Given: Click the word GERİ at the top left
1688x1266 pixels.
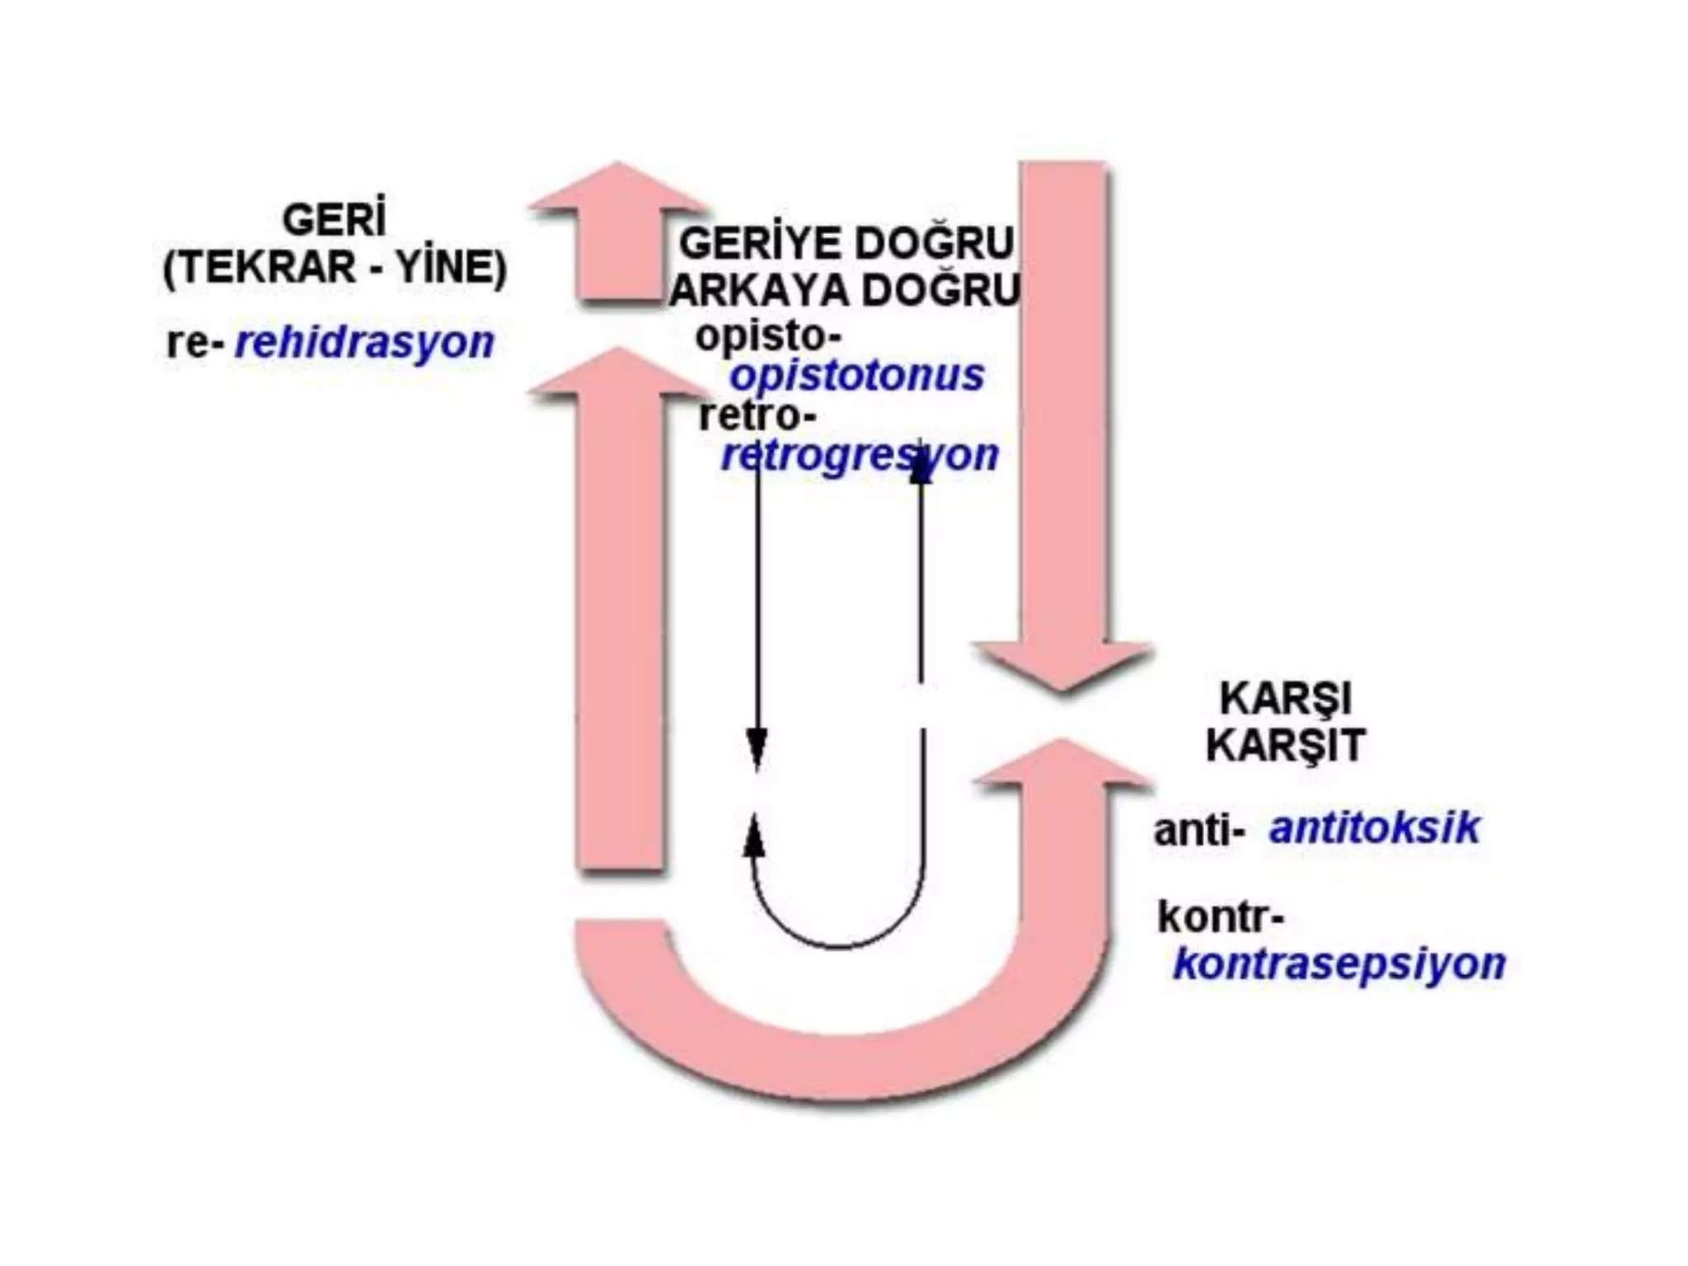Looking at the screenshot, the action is pyautogui.click(x=334, y=220).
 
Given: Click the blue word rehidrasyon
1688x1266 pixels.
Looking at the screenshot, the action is pyautogui.click(x=363, y=342).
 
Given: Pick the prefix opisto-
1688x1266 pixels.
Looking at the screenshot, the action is pyautogui.click(x=768, y=335).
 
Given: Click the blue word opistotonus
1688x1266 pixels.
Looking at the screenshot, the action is pyautogui.click(x=857, y=376).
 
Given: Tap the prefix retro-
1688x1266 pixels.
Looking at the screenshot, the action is pyautogui.click(x=757, y=415).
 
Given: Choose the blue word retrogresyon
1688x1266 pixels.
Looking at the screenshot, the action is pyautogui.click(x=860, y=455).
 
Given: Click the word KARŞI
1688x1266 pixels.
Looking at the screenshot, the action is pyautogui.click(x=1285, y=700).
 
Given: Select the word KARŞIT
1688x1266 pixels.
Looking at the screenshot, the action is pyautogui.click(x=1285, y=746).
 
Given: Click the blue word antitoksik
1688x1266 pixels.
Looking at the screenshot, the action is pyautogui.click(x=1374, y=828).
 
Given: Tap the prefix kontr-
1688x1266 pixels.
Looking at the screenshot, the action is pyautogui.click(x=1220, y=917).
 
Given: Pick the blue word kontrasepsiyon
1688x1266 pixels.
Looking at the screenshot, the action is pyautogui.click(x=1339, y=964).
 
